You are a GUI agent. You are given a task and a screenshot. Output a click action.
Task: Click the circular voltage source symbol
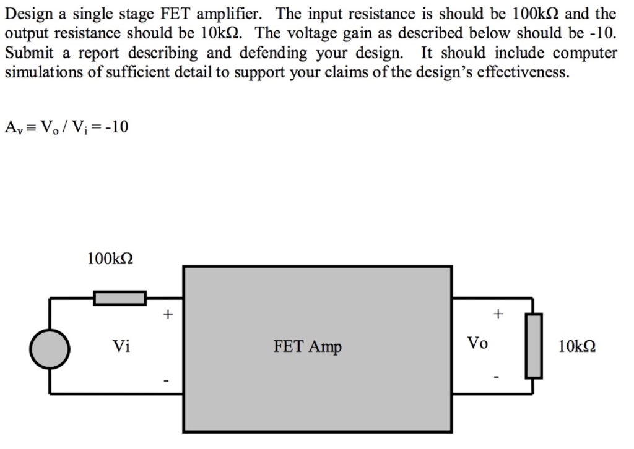tap(50, 349)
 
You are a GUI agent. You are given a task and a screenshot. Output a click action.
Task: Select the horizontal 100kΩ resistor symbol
tap(120, 298)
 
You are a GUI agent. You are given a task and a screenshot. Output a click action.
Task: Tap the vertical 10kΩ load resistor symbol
tap(534, 346)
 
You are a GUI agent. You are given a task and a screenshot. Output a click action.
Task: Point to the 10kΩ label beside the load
tap(577, 346)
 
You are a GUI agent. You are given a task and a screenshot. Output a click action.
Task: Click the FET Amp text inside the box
tap(308, 346)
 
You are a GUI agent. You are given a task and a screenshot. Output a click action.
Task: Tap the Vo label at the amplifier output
tap(477, 343)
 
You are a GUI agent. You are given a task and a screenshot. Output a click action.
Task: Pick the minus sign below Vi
tap(165, 380)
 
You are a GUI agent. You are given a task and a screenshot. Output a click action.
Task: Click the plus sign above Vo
tap(497, 314)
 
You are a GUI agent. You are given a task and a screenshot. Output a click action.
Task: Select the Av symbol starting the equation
tap(12, 128)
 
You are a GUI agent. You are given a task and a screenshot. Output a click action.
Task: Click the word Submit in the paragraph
tap(25, 53)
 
